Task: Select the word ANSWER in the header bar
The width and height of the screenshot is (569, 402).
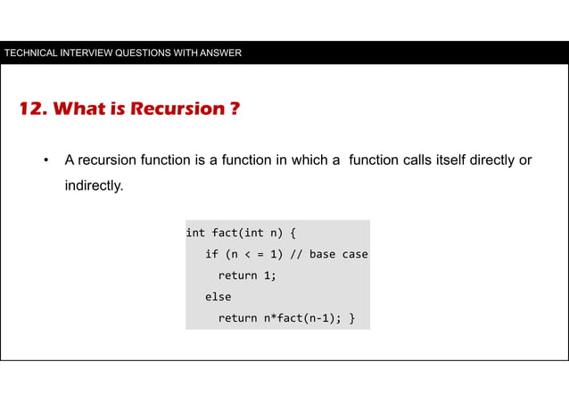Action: click(x=219, y=53)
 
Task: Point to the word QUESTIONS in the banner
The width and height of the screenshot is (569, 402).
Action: click(x=139, y=53)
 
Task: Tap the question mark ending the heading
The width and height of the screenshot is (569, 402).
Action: click(x=234, y=110)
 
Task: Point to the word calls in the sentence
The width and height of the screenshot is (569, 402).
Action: click(x=422, y=160)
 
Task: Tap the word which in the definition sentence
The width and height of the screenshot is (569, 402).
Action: click(x=310, y=160)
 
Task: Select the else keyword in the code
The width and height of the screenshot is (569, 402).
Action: click(x=218, y=297)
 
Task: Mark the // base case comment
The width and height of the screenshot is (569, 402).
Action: click(x=327, y=254)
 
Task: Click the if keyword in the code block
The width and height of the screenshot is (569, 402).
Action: click(x=211, y=254)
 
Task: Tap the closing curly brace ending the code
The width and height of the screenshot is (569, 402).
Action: click(x=351, y=318)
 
